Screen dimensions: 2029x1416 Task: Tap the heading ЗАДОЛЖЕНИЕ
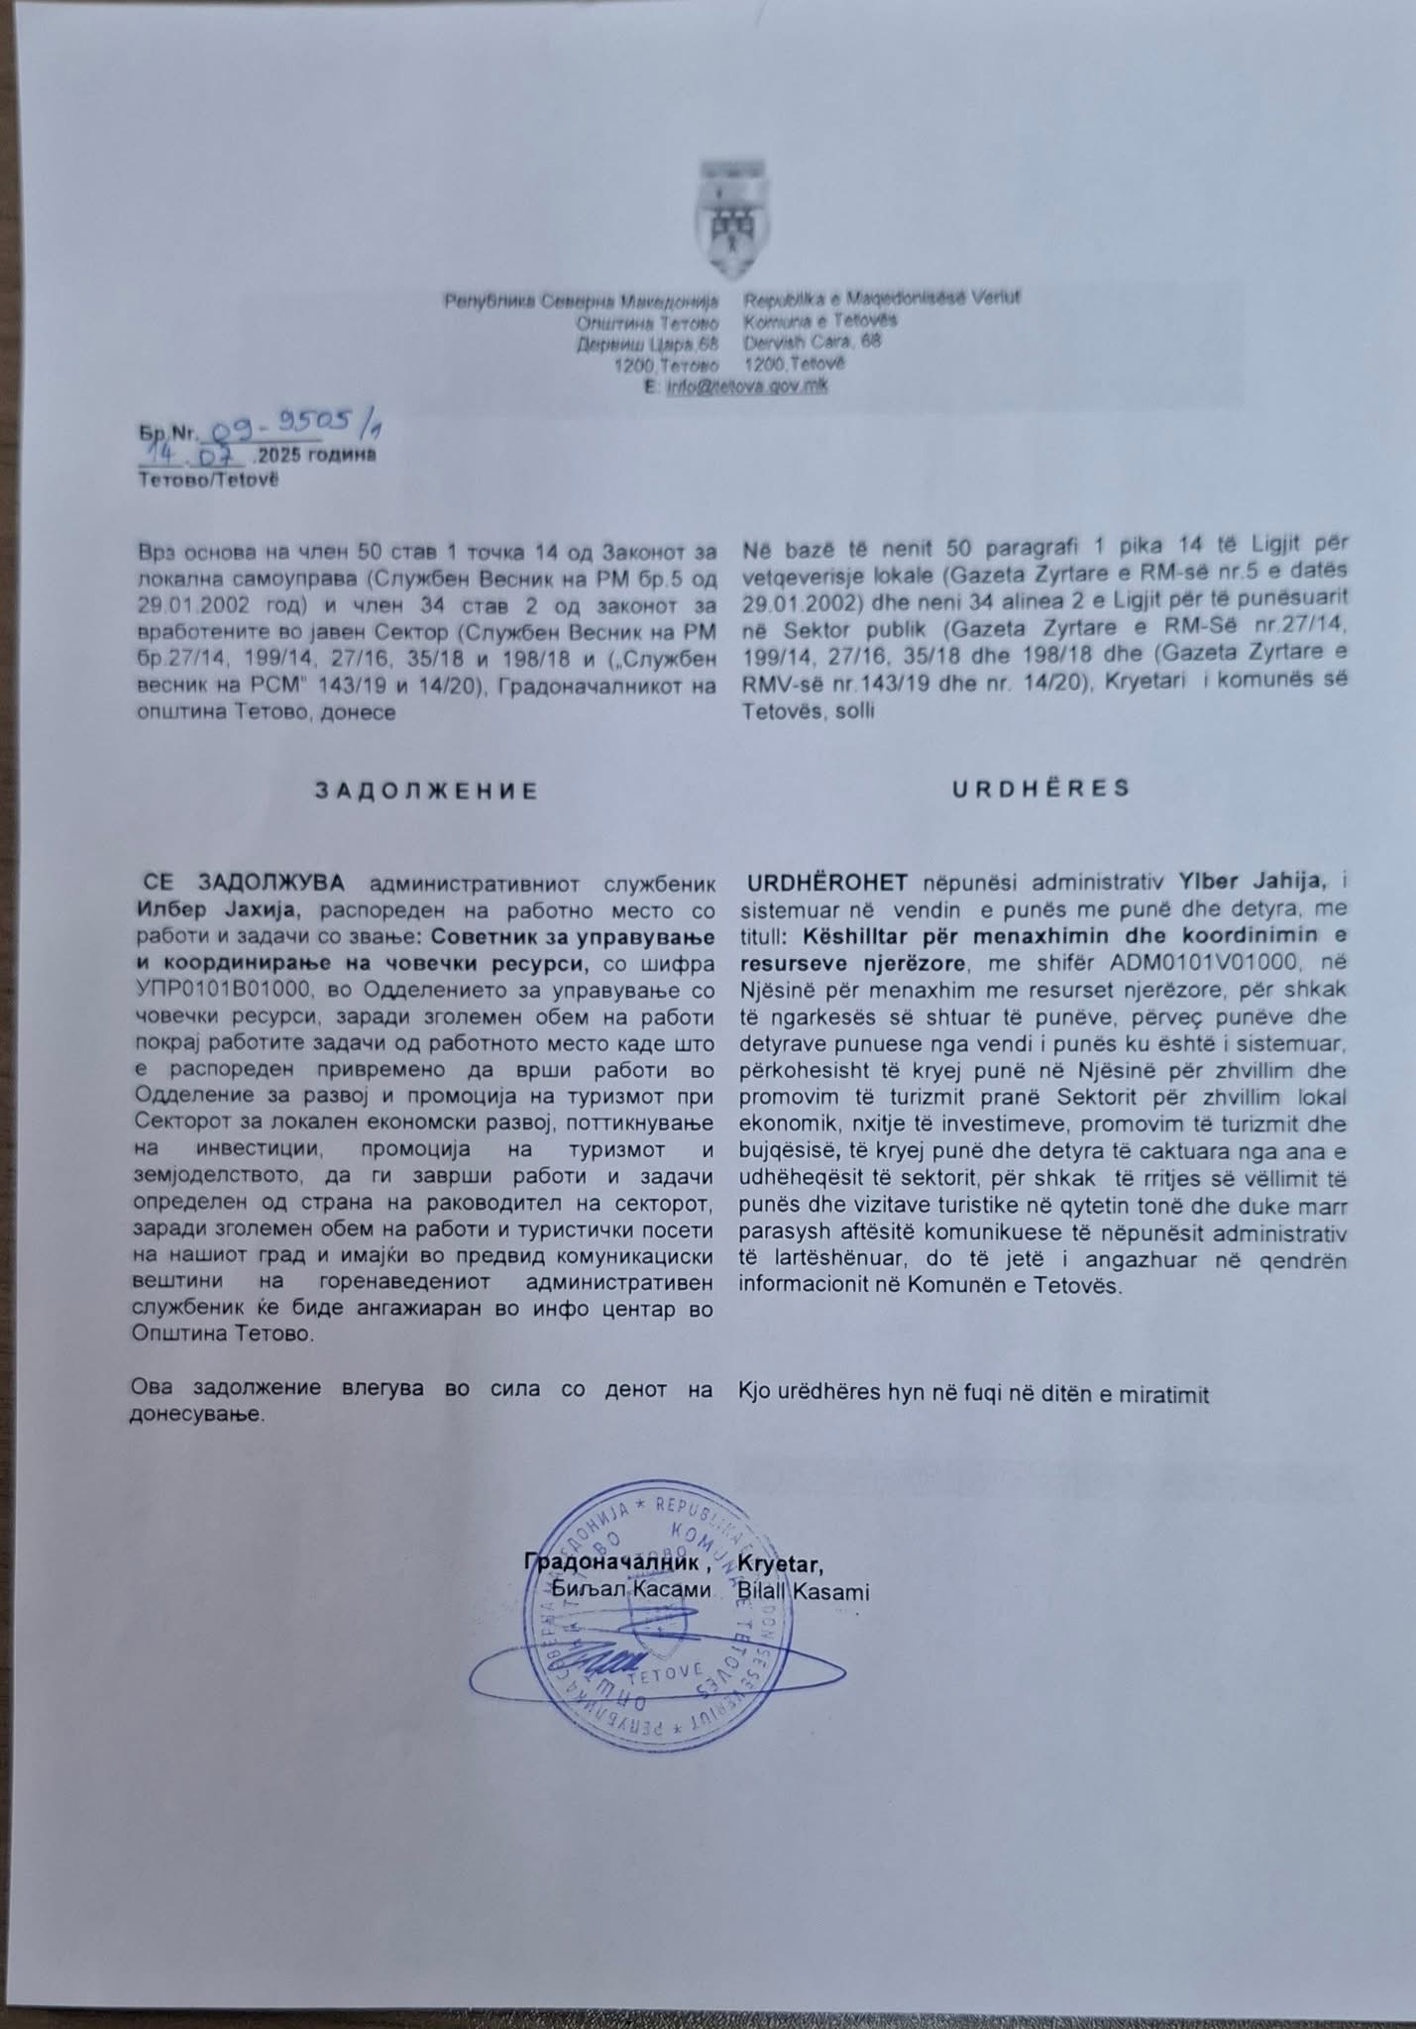click(x=426, y=791)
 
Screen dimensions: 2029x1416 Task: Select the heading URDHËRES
click(x=1040, y=789)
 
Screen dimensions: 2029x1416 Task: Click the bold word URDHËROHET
click(x=830, y=880)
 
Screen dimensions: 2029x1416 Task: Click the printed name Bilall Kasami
click(x=804, y=1592)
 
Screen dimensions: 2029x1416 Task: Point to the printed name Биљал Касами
click(x=636, y=1590)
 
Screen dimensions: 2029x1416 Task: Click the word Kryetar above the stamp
click(x=780, y=1564)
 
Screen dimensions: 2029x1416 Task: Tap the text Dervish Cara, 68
click(x=813, y=342)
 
